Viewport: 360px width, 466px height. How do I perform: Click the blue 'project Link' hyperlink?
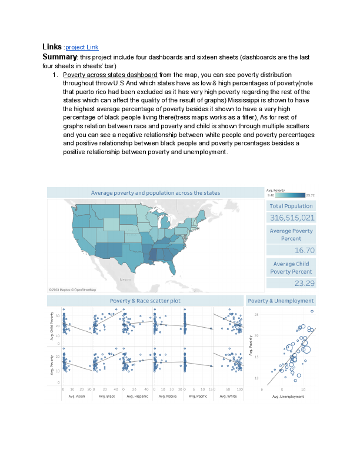pos(82,47)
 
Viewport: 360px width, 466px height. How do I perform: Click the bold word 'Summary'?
pos(60,56)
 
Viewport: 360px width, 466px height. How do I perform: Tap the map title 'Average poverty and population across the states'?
pos(155,193)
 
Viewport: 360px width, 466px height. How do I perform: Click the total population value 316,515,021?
pos(292,218)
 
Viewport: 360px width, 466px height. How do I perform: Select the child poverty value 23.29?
pos(304,283)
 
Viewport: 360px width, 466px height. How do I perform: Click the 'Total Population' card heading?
pos(291,206)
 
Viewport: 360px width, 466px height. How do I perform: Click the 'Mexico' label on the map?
pos(125,279)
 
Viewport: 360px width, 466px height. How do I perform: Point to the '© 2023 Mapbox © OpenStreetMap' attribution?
pos(73,290)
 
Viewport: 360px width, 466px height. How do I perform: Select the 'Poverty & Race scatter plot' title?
pos(145,301)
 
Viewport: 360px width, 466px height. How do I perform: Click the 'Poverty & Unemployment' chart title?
pos(281,301)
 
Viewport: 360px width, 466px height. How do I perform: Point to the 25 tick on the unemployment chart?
pos(256,315)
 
